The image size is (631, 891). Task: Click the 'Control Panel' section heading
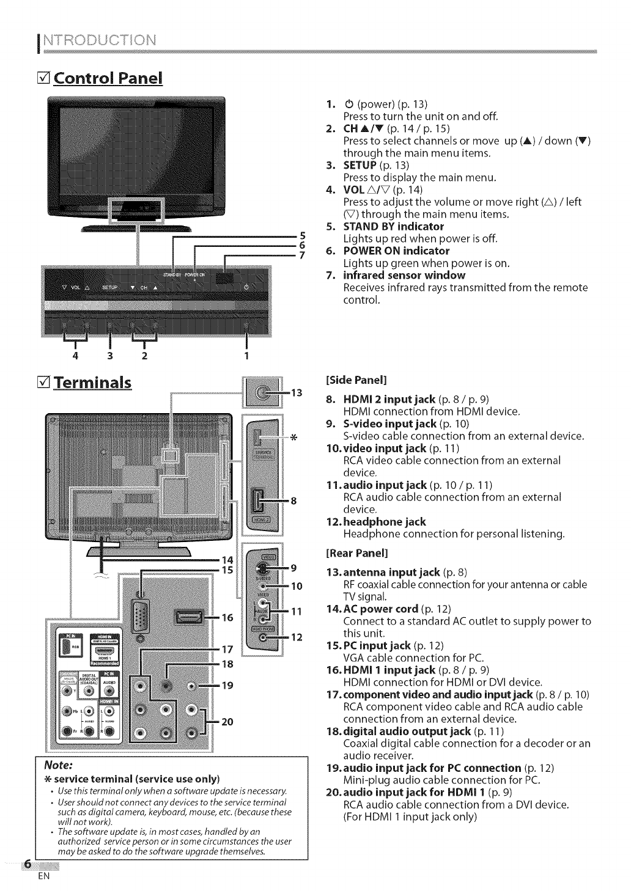click(x=108, y=79)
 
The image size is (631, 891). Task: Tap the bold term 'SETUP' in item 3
click(x=360, y=166)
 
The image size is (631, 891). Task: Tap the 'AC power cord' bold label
click(x=382, y=609)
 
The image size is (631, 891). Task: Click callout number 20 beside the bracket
click(x=227, y=722)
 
